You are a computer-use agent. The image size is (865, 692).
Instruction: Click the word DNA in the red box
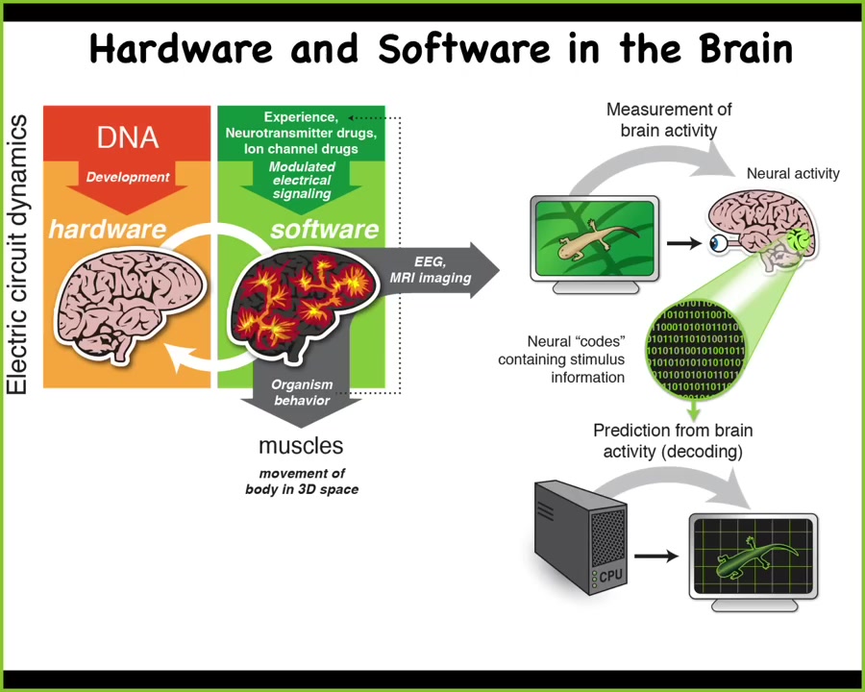point(128,137)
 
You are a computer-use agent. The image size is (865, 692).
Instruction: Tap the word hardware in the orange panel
point(107,229)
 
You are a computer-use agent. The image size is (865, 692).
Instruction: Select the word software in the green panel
point(324,229)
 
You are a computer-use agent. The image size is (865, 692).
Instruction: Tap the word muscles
point(301,446)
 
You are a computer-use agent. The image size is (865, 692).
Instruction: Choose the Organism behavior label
point(302,392)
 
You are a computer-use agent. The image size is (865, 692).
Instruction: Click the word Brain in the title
point(732,48)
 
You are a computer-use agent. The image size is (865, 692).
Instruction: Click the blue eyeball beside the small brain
point(719,243)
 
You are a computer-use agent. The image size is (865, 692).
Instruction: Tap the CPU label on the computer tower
point(611,575)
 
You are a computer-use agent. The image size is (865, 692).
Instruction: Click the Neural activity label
point(793,174)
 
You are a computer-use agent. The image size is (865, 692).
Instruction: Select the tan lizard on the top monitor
point(596,239)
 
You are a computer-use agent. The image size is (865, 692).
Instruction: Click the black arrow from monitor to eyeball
point(683,243)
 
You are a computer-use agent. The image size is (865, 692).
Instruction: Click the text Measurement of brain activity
point(668,120)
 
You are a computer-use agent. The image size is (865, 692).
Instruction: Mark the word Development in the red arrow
point(128,177)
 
